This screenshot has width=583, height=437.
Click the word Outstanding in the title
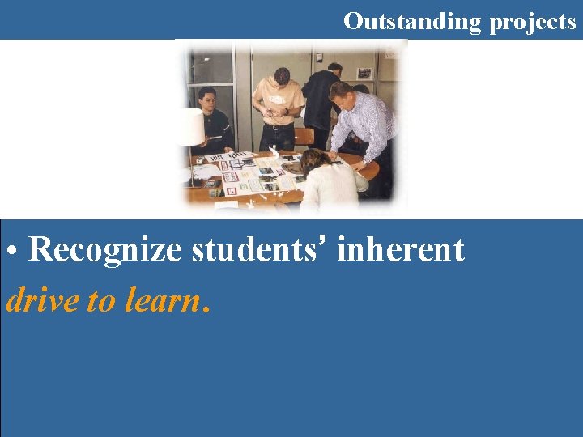pos(412,21)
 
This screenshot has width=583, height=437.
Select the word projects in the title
pos(532,23)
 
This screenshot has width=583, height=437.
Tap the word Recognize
pos(105,251)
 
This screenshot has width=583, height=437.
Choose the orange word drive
pos(42,301)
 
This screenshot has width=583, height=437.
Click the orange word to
pos(101,302)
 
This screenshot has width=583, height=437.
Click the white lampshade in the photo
pos(192,126)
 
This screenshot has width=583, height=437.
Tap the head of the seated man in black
pos(207,100)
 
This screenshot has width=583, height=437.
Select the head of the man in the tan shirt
pos(281,78)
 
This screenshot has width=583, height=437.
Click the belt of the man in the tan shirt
pos(279,125)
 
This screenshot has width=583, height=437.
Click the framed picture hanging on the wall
pos(364,73)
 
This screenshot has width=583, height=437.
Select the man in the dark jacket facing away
pos(322,101)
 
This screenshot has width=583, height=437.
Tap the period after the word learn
pos(208,308)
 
